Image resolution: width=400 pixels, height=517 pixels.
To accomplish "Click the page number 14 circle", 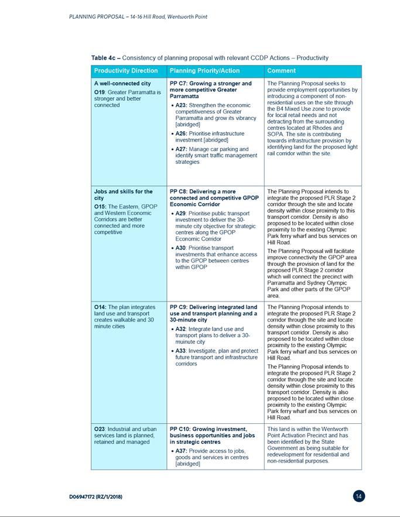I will (360, 496).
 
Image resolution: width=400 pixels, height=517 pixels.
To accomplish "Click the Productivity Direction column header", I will (126, 71).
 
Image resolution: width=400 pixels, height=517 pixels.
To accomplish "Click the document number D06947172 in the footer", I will (95, 497).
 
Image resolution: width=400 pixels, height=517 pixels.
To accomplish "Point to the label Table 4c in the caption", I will (104, 58).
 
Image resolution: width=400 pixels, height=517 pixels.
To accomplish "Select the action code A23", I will (182, 105).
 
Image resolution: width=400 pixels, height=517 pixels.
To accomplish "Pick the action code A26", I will (182, 133).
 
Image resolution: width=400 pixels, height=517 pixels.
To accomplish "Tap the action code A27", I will (182, 149).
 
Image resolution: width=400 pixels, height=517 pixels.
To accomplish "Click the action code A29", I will (182, 214).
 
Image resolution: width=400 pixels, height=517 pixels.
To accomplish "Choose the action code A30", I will (182, 248).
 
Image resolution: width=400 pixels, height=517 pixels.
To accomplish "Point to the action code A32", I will (182, 329).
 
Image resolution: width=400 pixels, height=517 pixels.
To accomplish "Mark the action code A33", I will (182, 351).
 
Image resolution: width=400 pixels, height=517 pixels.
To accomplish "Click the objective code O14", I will (100, 307).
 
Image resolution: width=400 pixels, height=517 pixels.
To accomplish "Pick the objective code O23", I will (100, 429).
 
